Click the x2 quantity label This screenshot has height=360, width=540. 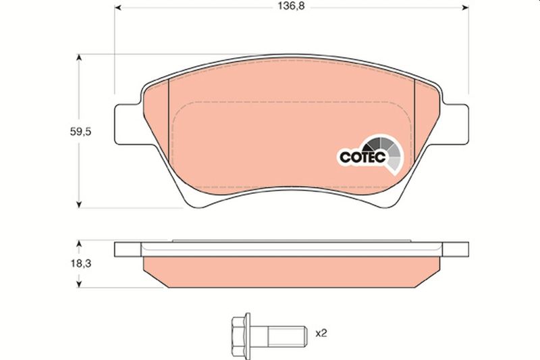(322, 332)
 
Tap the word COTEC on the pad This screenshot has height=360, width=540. (362, 157)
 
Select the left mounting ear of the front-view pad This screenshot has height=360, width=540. (128, 124)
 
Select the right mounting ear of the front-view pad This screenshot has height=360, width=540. (456, 124)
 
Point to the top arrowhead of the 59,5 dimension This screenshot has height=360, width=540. (80, 59)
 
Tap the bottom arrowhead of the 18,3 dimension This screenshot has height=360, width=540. (80, 283)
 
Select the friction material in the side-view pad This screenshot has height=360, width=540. (290, 270)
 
